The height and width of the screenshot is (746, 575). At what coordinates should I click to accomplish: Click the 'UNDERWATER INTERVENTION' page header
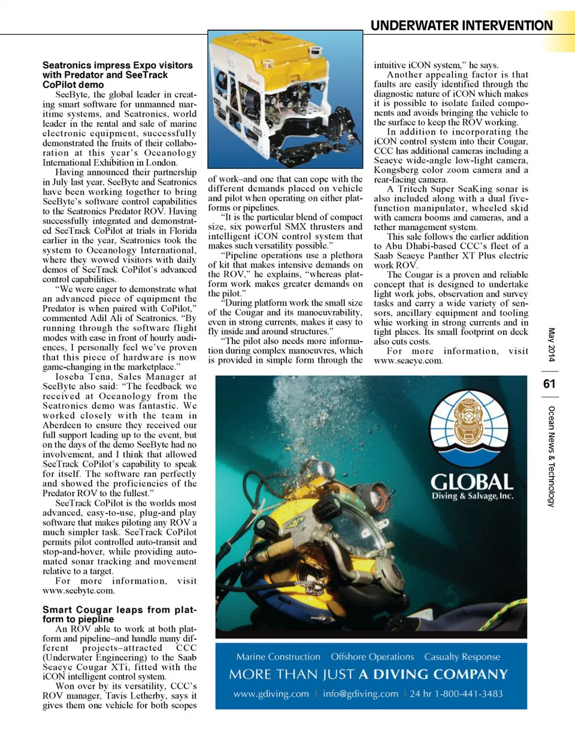pos(461,25)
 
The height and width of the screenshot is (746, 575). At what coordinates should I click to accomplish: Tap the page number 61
pos(549,383)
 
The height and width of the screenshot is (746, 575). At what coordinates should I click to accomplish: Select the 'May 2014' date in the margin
pos(551,345)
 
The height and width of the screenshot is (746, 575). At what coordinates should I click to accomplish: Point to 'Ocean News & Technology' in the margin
pos(551,456)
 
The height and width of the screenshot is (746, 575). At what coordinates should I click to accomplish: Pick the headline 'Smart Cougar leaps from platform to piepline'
pos(119,614)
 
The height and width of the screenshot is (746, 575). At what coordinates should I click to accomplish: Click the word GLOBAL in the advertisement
pos(472,482)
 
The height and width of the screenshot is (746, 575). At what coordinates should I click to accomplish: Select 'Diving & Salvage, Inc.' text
pos(472,496)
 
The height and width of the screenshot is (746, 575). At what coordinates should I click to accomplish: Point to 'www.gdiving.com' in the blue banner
pos(271,694)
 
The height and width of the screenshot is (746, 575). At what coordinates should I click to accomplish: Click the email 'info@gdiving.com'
pos(360,694)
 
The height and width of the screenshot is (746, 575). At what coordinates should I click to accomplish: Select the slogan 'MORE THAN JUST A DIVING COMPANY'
pos(368,675)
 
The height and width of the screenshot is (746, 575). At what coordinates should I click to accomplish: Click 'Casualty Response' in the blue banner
pos(462,657)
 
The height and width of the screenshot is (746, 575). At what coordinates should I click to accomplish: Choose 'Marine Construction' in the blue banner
pos(278,657)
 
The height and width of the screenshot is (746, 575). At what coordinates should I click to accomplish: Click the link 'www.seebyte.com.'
pos(78,591)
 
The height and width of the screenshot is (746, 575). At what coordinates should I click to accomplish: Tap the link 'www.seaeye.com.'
pos(408,361)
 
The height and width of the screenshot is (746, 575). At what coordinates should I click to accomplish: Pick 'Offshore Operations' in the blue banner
pos(372,657)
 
